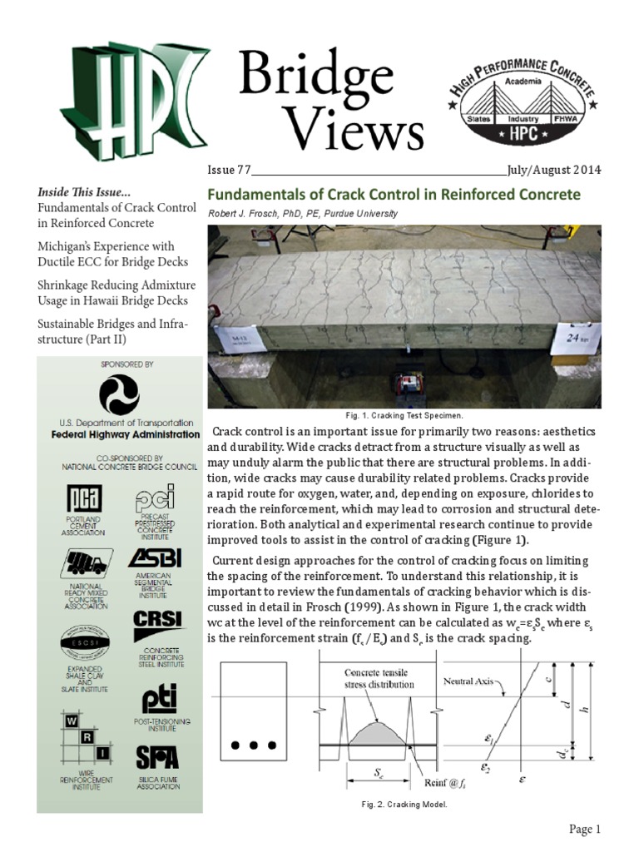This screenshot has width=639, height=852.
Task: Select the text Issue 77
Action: pyautogui.click(x=229, y=171)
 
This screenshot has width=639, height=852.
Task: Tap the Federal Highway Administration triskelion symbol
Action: pyautogui.click(x=119, y=394)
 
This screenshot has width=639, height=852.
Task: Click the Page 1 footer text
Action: pyautogui.click(x=584, y=830)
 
